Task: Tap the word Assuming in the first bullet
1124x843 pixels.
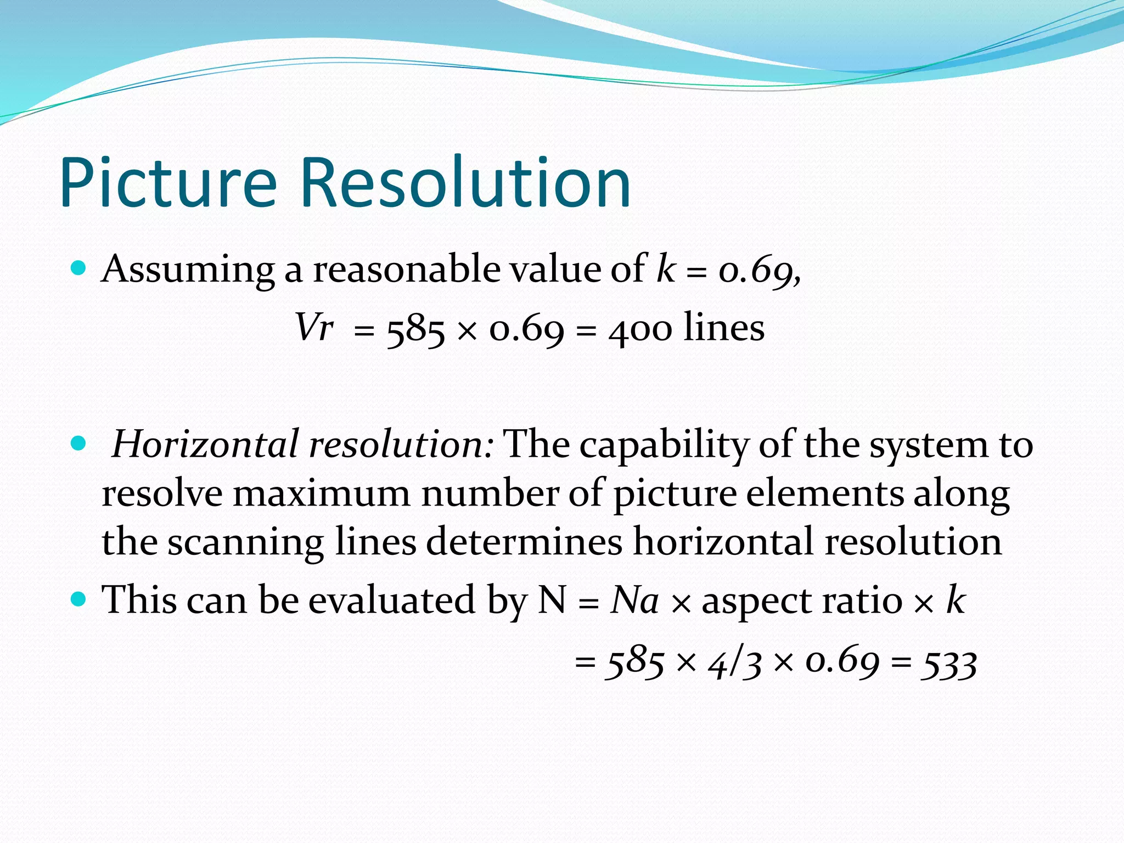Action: pyautogui.click(x=188, y=270)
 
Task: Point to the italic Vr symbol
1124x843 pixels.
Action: pyautogui.click(x=314, y=328)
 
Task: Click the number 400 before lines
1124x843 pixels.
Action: pyautogui.click(x=640, y=330)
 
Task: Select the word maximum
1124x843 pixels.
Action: pyautogui.click(x=322, y=493)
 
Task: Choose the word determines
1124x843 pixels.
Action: pyautogui.click(x=524, y=542)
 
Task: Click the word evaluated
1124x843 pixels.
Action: pyautogui.click(x=392, y=600)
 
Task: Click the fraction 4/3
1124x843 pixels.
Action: pyautogui.click(x=734, y=664)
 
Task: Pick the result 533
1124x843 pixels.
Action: pyautogui.click(x=949, y=664)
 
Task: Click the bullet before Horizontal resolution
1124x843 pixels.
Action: pyautogui.click(x=79, y=443)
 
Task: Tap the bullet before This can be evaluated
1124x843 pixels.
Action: pyautogui.click(x=79, y=599)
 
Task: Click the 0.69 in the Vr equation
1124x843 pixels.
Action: pyautogui.click(x=526, y=329)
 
